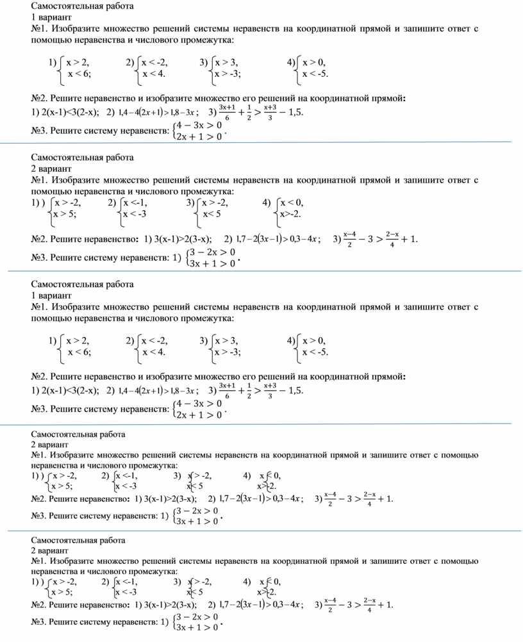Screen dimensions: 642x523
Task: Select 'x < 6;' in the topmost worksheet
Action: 79,74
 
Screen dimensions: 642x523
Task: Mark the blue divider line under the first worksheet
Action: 256,142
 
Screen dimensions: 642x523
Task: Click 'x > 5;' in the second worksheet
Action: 64,214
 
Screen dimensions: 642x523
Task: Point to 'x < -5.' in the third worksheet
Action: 315,352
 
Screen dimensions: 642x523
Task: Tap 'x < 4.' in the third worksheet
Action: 154,352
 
